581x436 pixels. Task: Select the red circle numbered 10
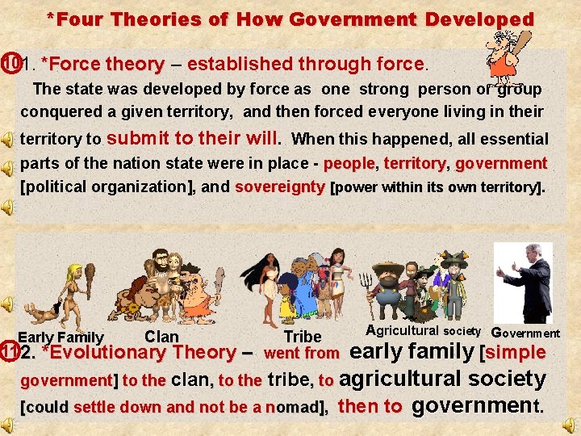pos(9,63)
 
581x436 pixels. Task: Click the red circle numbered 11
pos(9,353)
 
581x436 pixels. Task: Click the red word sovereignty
pos(280,187)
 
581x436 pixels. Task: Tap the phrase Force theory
pos(102,64)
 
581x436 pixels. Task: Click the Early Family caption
pos(61,337)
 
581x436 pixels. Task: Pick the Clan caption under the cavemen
pos(161,336)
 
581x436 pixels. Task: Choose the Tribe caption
pos(303,337)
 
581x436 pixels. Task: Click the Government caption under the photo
pos(525,333)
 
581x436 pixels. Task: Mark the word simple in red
pos(516,352)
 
